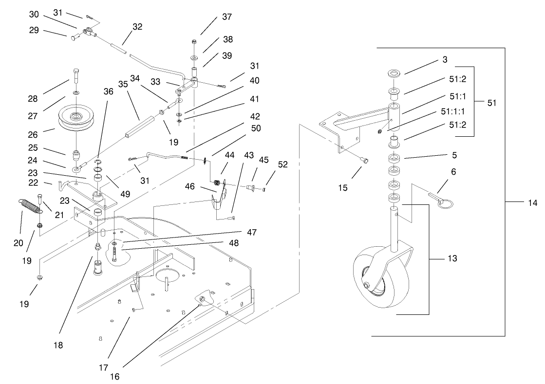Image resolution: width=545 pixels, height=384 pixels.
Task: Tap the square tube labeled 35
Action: [x=140, y=127]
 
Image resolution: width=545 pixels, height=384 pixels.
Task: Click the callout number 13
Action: [x=452, y=258]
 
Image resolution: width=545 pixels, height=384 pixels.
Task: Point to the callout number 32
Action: [x=137, y=27]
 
